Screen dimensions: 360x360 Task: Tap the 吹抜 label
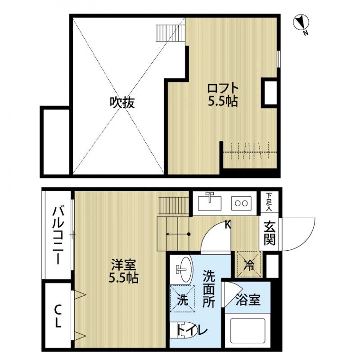coord(122,103)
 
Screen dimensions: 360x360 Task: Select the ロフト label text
coord(222,88)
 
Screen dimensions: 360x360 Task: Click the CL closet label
coord(58,316)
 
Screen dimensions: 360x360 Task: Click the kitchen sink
coord(210,202)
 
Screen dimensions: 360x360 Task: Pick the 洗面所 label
coord(208,288)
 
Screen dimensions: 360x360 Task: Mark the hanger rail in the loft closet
coord(247,152)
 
